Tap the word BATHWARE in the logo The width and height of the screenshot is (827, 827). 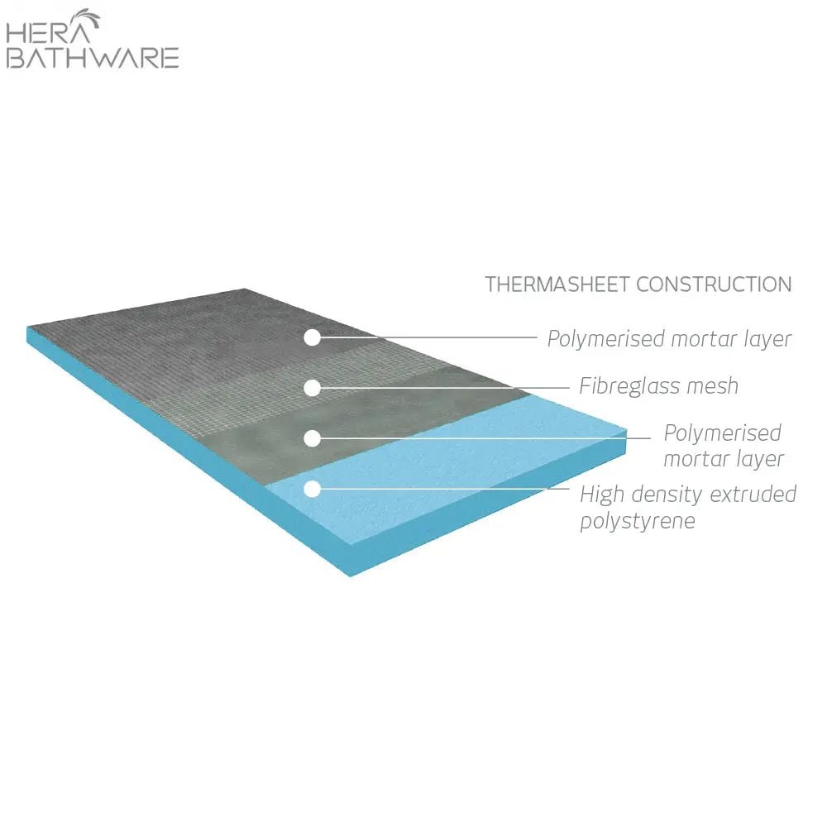(93, 58)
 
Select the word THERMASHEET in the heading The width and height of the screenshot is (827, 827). (558, 284)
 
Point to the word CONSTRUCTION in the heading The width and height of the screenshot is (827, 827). (715, 284)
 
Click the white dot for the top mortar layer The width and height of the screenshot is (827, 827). (313, 337)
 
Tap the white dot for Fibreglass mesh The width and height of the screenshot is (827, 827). (313, 388)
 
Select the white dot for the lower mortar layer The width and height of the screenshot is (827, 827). (313, 438)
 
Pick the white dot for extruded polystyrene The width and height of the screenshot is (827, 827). (313, 489)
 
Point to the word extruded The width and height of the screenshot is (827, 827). (753, 495)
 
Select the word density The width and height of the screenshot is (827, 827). (667, 495)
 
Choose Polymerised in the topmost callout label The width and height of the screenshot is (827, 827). (605, 339)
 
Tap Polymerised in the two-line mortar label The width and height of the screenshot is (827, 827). (722, 433)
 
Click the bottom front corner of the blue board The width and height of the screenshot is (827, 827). (350, 576)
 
